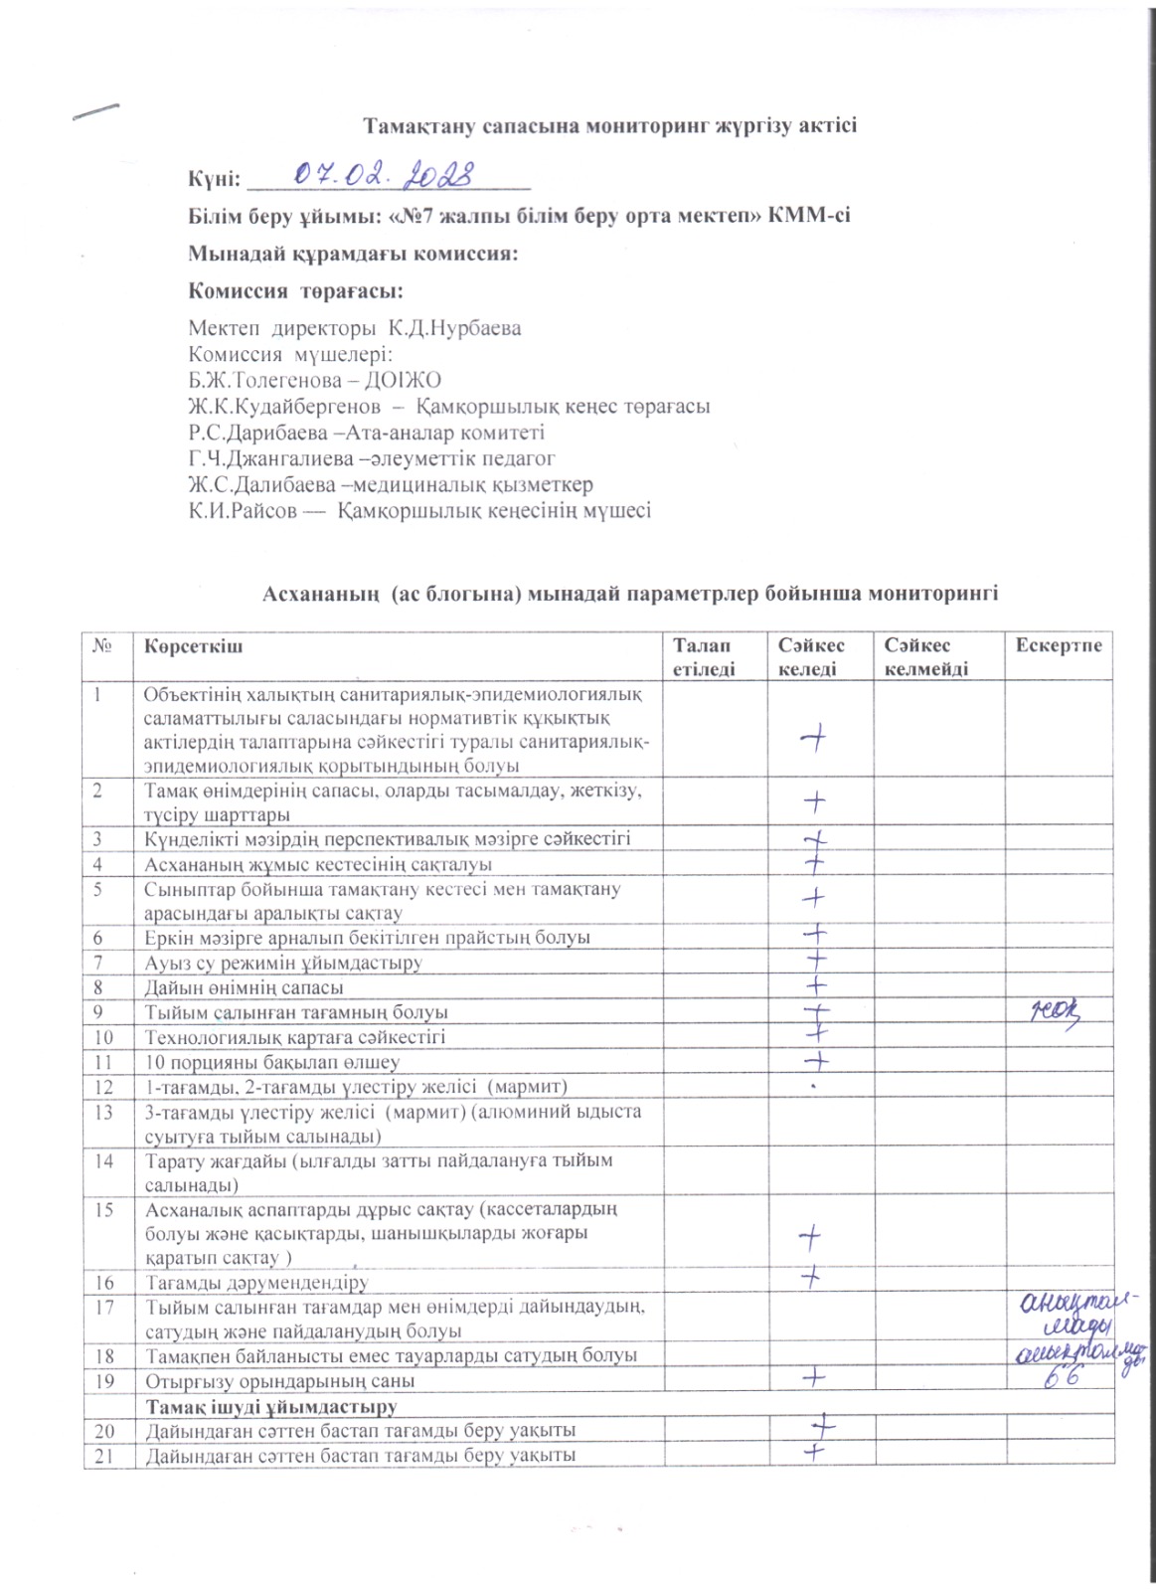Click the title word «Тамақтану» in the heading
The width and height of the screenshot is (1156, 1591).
417,126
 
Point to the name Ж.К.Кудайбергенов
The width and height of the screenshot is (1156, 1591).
284,406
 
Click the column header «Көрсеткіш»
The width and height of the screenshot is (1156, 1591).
193,646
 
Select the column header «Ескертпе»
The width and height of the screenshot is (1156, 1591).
1058,646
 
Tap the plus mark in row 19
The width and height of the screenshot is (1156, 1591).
814,1378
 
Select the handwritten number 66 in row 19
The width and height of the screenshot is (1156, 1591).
1059,1377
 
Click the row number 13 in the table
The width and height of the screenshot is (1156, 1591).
104,1112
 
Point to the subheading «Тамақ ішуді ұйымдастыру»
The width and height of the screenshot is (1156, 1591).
271,1406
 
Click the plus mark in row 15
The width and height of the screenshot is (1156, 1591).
810,1236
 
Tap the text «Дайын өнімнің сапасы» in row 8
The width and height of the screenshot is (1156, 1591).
245,987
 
